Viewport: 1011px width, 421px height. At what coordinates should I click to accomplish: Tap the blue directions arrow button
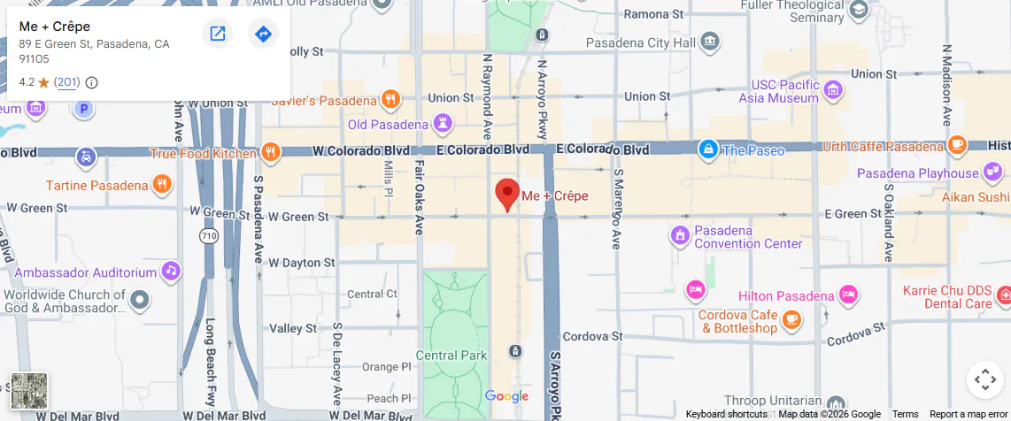point(263,34)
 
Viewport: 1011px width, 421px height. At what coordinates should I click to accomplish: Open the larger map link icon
point(217,34)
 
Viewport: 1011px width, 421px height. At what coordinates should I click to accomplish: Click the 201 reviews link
point(66,82)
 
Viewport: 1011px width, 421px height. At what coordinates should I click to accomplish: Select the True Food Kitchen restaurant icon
point(271,152)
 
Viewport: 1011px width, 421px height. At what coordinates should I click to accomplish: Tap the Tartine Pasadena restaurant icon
point(161,185)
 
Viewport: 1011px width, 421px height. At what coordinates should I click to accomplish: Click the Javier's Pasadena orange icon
point(390,99)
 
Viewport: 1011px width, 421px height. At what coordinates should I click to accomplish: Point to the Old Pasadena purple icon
point(444,124)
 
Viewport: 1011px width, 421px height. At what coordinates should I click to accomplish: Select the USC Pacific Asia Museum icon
point(832,89)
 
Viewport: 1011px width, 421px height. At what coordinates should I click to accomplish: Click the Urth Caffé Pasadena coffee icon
point(956,145)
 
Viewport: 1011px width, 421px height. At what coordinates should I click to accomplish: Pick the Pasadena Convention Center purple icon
point(679,235)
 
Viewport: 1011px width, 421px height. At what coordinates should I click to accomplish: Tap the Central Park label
point(451,356)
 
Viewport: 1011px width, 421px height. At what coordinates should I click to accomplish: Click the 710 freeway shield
point(209,236)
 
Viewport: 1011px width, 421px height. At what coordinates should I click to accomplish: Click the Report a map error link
point(969,415)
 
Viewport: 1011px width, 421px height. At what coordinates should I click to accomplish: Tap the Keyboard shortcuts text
point(726,415)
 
